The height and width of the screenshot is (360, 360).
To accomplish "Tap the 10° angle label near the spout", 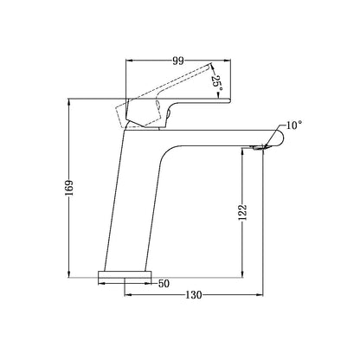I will [293, 126].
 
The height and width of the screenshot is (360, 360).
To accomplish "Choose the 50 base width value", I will [164, 283].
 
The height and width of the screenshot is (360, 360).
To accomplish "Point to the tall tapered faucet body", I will [138, 199].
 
